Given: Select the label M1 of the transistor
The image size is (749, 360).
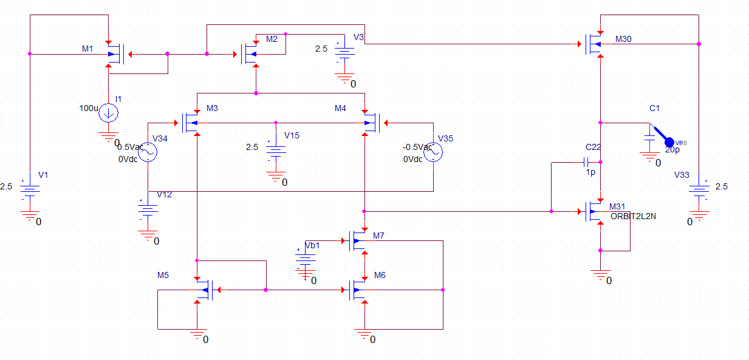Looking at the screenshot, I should [87, 48].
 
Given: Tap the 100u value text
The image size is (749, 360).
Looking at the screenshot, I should [88, 108].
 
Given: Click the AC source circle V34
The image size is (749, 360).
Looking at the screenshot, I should [148, 152].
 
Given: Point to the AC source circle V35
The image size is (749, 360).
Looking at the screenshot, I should [433, 152].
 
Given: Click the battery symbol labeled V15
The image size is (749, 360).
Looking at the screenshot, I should [276, 154].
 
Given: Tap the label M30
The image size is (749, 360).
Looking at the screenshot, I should [623, 39].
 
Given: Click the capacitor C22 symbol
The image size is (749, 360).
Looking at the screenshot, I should [587, 162].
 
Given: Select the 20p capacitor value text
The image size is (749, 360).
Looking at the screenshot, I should [672, 149].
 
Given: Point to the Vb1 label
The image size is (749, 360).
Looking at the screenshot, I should [312, 246].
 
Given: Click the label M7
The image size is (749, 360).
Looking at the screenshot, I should [379, 235].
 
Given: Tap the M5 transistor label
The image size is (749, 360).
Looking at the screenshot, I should [163, 275].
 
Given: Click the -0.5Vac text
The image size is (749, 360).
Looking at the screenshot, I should [417, 148].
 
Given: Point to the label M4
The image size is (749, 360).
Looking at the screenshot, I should [340, 108].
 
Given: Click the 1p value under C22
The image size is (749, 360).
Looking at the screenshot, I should [590, 172].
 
